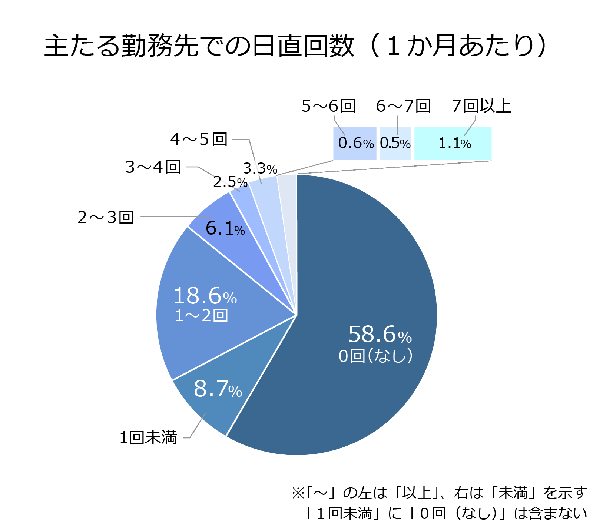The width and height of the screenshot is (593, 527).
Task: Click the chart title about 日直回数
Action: (x=295, y=46)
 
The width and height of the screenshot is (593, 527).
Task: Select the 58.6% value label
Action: (x=380, y=335)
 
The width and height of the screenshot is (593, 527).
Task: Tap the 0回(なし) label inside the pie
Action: (x=375, y=356)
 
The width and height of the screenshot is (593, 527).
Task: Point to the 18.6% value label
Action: (x=205, y=296)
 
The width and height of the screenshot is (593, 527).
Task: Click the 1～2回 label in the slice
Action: (x=201, y=316)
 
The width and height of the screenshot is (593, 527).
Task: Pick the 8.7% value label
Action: (x=218, y=389)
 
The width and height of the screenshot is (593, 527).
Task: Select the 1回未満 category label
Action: (x=148, y=437)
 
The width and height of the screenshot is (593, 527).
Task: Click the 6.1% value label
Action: (x=225, y=228)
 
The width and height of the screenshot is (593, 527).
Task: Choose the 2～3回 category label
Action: (x=106, y=217)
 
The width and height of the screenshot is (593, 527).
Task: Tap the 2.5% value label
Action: (x=230, y=182)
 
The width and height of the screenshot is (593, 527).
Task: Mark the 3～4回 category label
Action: (x=153, y=167)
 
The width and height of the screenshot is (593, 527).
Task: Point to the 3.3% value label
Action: (x=260, y=169)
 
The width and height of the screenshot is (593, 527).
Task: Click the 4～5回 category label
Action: (x=199, y=139)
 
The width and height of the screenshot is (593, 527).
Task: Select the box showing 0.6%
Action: (x=355, y=144)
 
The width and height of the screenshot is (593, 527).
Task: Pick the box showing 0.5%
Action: (x=395, y=144)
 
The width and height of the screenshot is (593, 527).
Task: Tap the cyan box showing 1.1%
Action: (x=453, y=144)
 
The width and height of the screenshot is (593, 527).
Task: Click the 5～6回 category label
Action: (x=328, y=106)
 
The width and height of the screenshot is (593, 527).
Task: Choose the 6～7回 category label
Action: (x=403, y=106)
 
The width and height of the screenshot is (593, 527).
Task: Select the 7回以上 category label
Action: (x=481, y=106)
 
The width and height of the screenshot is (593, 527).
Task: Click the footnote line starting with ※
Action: (x=440, y=493)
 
